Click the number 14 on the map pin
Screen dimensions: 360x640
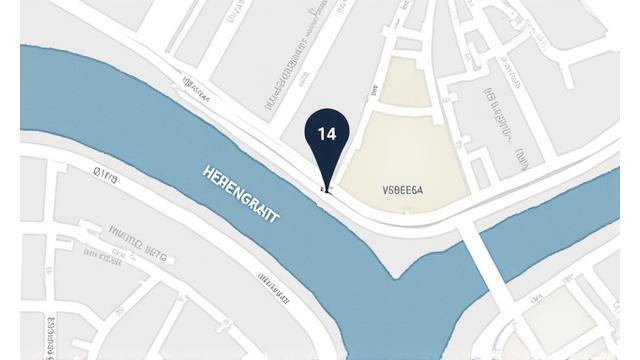(x=327, y=133)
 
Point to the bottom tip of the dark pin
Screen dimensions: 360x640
(x=324, y=188)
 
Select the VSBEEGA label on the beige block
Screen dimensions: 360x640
(x=403, y=188)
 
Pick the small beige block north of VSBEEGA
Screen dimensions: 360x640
(x=399, y=80)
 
